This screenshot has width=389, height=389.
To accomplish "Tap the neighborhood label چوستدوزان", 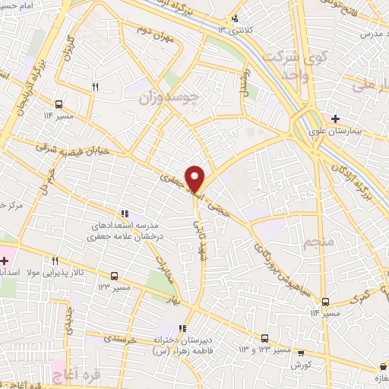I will (x=166, y=99).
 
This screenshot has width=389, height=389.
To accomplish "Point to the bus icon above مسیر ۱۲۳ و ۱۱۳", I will (x=264, y=337).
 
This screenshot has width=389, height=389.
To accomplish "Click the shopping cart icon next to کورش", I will (x=301, y=353).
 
